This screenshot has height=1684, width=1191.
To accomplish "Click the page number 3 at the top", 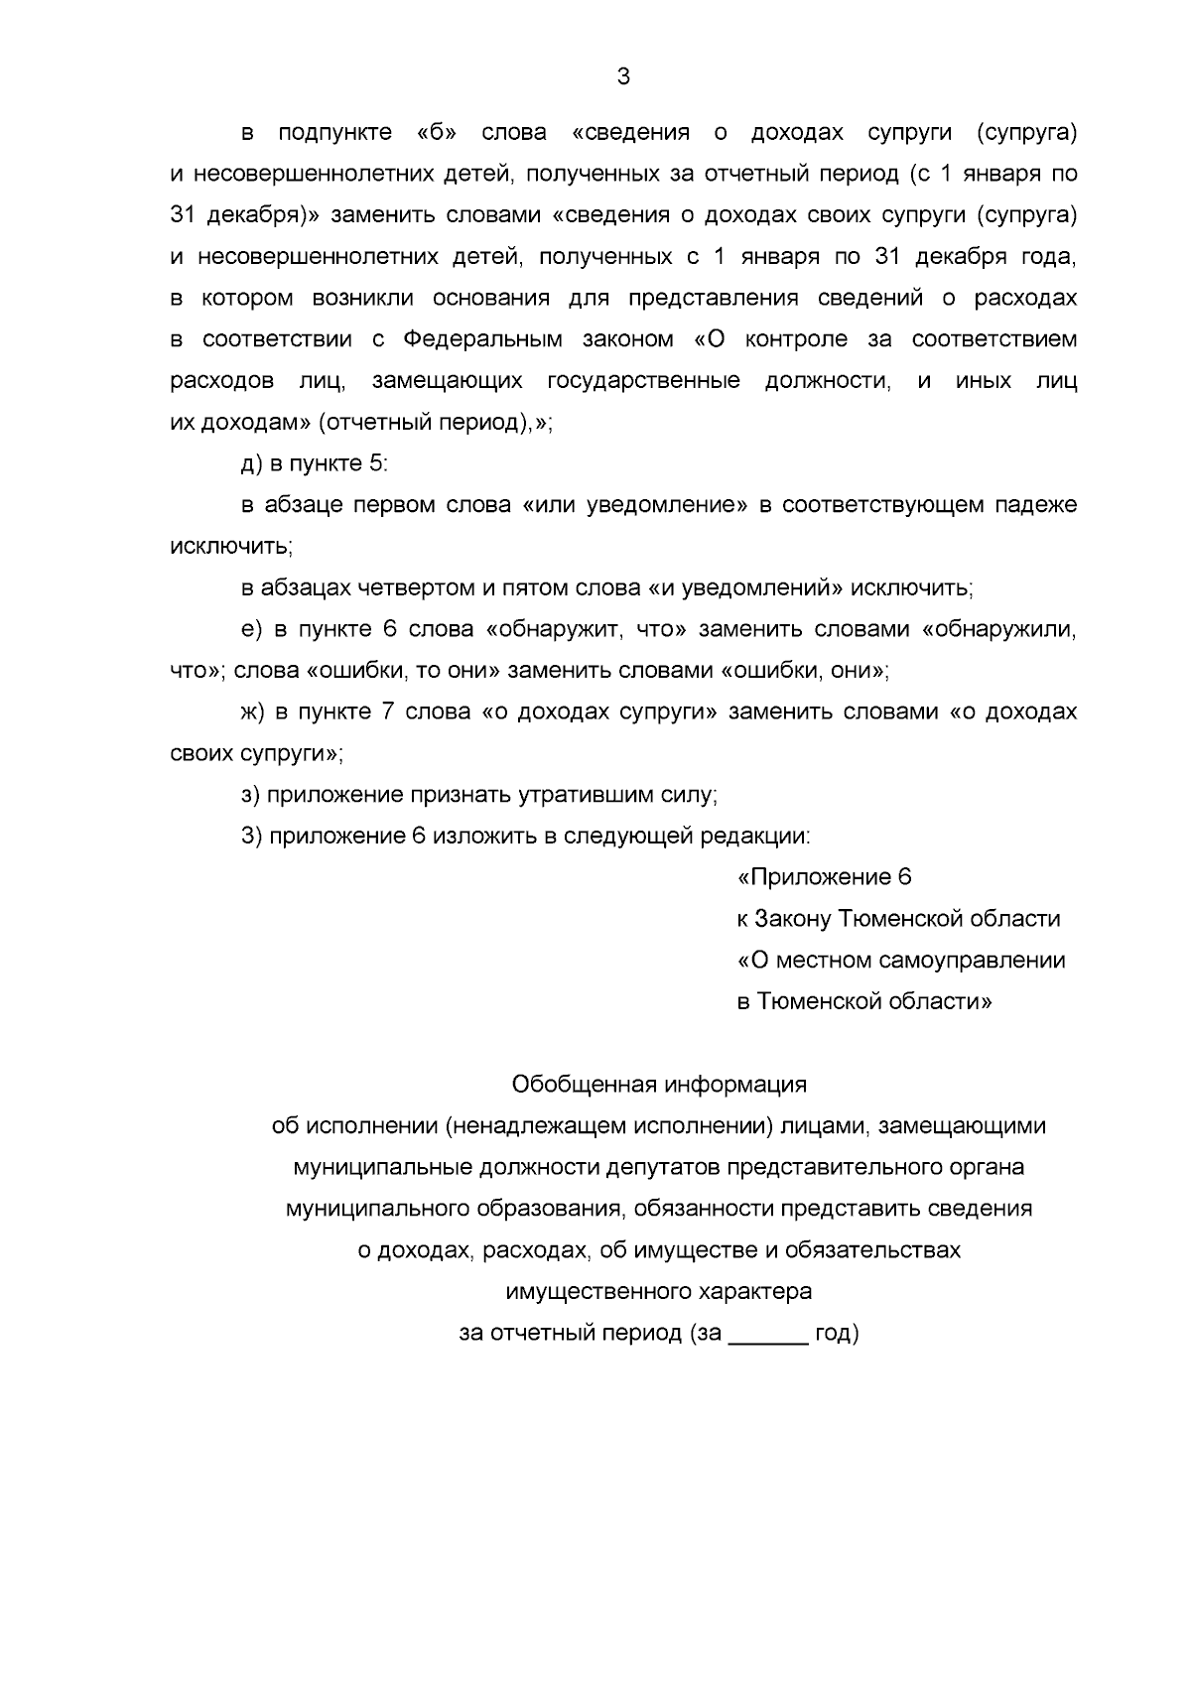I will [622, 76].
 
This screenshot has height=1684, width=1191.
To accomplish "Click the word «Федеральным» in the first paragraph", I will [482, 339].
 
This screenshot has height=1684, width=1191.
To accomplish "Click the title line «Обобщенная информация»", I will [659, 1084].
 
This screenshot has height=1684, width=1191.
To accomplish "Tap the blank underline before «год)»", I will [768, 1336].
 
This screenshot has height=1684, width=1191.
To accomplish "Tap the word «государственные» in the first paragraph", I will [643, 381].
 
